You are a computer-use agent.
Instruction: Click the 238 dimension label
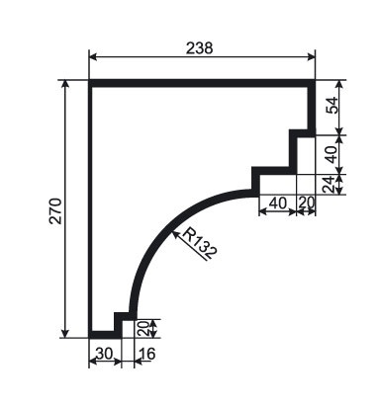200,48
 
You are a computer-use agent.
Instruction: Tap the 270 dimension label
55,211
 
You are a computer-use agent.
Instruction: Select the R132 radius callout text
199,243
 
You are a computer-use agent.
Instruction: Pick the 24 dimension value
330,185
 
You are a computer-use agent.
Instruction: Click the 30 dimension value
104,354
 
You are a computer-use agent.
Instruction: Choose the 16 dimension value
147,354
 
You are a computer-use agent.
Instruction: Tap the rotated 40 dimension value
331,154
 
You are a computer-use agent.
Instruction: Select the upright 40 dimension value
278,203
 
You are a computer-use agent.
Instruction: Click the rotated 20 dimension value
142,328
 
